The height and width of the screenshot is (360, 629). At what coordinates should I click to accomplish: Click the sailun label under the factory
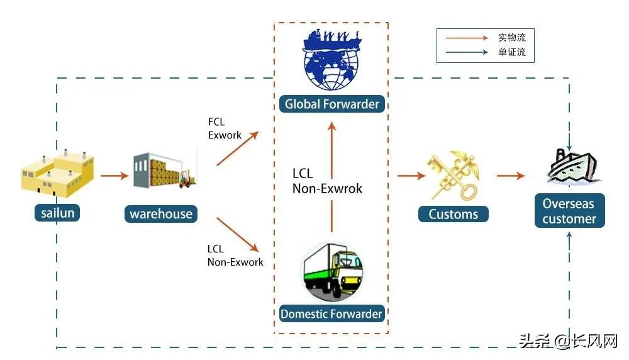(x=58, y=213)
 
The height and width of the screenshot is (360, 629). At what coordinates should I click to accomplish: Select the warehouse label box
(x=161, y=214)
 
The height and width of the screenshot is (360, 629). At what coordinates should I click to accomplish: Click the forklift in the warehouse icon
(x=186, y=179)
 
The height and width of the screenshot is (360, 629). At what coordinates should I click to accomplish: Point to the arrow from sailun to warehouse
(x=114, y=176)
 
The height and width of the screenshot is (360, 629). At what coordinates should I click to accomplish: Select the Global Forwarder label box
(x=332, y=104)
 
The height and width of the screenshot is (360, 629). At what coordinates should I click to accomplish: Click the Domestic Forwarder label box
(x=331, y=313)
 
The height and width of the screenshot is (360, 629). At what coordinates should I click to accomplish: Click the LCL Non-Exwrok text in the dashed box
(x=327, y=180)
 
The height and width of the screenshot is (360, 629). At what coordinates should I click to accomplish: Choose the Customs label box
(x=453, y=214)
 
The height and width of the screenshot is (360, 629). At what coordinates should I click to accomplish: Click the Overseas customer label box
(x=569, y=211)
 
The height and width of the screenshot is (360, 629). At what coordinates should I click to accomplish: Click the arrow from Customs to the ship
(x=510, y=176)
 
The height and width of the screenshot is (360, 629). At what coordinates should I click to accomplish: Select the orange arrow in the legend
(x=466, y=38)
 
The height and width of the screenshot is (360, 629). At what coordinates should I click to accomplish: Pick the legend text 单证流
(x=511, y=53)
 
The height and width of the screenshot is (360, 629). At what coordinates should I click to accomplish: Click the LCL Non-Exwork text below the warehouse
(x=235, y=256)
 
